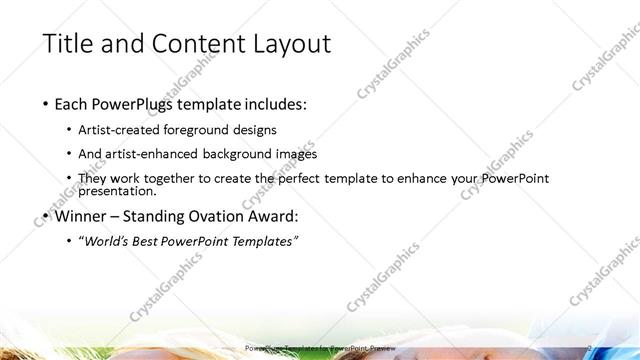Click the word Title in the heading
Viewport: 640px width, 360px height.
pos(68,44)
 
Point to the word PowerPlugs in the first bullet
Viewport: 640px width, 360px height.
pos(136,104)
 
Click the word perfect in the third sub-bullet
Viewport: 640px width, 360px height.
pos(310,178)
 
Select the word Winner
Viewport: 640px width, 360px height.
pos(81,215)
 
